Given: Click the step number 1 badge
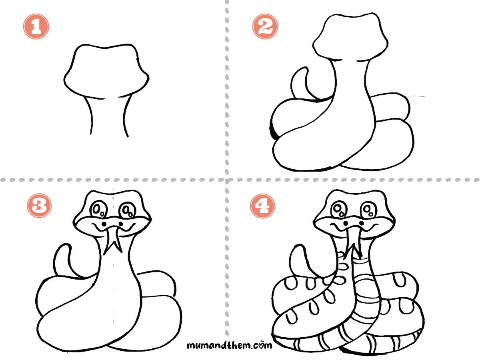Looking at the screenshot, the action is coord(36,26).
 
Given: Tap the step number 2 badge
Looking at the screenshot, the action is coord(265,26).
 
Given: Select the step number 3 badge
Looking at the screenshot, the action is coord(39,206).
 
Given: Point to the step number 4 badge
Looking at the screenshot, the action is coord(262,206).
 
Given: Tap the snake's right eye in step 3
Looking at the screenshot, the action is coord(128,210).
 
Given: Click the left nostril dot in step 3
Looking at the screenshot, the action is coord(104,224).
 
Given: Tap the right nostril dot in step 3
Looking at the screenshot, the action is coord(121,223).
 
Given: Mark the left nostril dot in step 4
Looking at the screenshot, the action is coord(346,223).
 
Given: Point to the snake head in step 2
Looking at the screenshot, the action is coord(350,36).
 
